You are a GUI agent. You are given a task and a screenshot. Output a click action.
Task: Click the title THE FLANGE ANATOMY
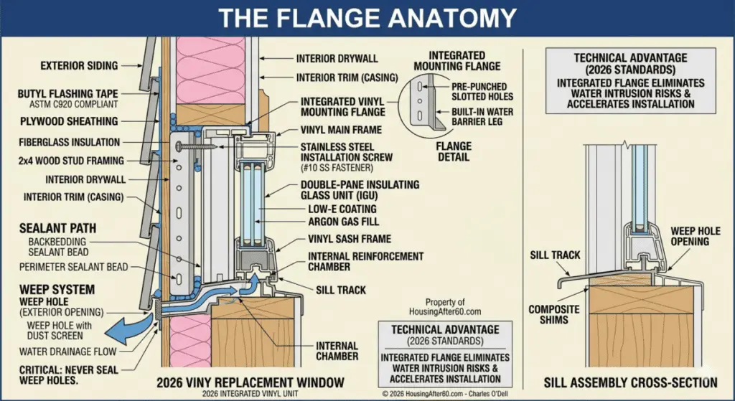pyautogui.click(x=367, y=16)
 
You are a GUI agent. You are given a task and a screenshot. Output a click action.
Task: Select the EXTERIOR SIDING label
pyautogui.click(x=79, y=66)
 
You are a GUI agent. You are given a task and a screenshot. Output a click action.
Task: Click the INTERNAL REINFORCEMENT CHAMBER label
pyautogui.click(x=365, y=261)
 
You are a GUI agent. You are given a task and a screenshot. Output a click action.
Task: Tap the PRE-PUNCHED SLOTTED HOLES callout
pyautogui.click(x=479, y=90)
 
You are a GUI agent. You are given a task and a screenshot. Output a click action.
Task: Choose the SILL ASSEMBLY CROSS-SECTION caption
pyautogui.click(x=630, y=382)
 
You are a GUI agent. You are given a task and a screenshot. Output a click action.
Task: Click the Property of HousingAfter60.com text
pyautogui.click(x=454, y=307)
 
